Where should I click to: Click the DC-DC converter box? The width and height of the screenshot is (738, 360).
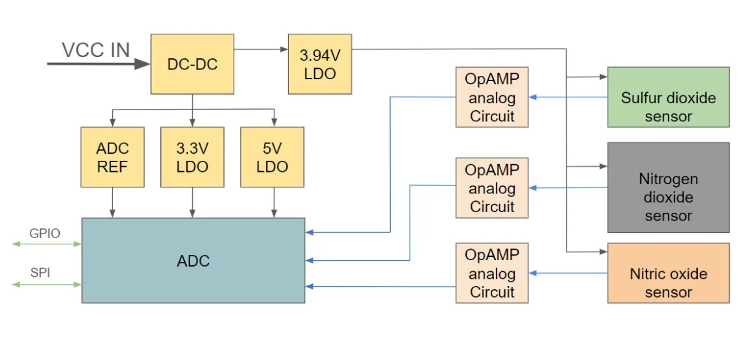click(192, 64)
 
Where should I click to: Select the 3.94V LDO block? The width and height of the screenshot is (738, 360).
click(320, 64)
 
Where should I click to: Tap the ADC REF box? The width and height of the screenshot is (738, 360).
click(112, 157)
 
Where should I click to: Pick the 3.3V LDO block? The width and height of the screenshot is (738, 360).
click(192, 157)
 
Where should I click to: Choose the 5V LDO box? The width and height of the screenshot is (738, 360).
click(272, 157)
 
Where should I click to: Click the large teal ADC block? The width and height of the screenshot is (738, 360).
click(193, 260)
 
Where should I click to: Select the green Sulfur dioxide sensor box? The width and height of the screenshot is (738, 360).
click(669, 97)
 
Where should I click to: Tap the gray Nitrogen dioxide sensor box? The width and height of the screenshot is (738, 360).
click(669, 187)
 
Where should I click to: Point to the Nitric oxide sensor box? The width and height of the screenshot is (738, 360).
click(669, 273)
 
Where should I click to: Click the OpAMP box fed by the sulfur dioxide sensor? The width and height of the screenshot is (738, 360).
click(492, 97)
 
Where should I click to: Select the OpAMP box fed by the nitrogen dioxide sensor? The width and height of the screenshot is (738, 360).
click(492, 187)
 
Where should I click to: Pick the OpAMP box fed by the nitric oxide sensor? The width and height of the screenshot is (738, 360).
click(492, 273)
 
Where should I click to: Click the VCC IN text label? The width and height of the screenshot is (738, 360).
click(95, 51)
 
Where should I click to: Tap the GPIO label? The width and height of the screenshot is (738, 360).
click(45, 234)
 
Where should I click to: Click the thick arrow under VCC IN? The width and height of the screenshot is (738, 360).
click(99, 64)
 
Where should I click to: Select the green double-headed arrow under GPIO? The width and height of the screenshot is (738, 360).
click(47, 244)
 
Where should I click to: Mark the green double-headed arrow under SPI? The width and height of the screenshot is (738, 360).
click(47, 284)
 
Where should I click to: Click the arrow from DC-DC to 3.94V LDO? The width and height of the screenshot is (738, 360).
click(261, 49)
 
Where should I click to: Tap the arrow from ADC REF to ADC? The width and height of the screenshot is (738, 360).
click(112, 202)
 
